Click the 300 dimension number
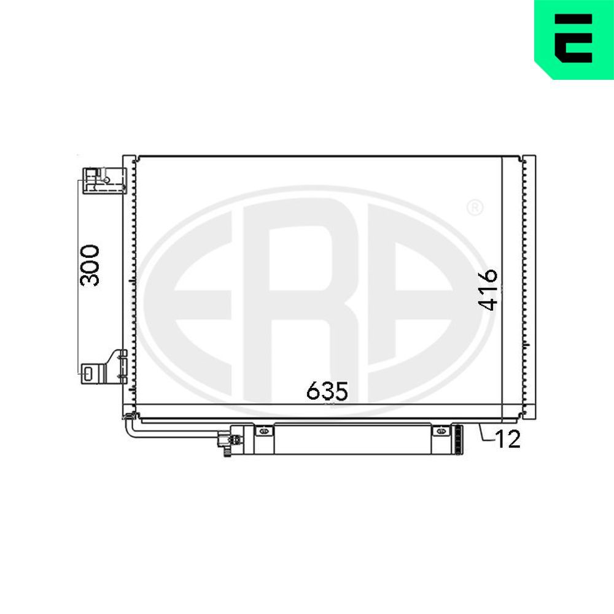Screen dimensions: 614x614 [90, 265]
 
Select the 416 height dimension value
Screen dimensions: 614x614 [489, 289]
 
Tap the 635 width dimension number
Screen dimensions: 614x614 [327, 391]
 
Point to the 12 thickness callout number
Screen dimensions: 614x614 [508, 440]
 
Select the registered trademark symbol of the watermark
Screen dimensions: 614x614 [475, 208]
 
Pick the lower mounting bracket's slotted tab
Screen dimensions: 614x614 [88, 372]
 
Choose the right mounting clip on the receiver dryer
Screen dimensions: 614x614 [440, 432]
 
